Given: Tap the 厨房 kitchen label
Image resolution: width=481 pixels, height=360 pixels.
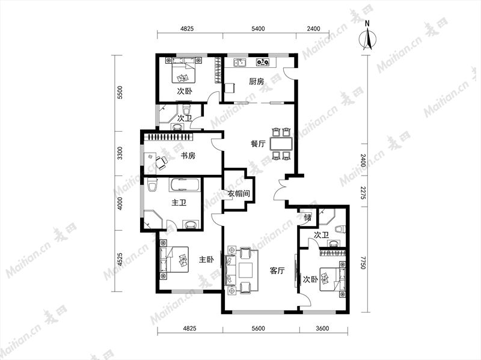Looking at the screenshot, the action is click(x=256, y=82).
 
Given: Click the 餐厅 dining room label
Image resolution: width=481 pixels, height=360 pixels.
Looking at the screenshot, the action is click(x=258, y=144).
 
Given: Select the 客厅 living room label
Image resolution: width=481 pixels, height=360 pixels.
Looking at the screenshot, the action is click(x=277, y=271).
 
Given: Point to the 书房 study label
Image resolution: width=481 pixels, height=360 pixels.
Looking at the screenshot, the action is click(x=188, y=156).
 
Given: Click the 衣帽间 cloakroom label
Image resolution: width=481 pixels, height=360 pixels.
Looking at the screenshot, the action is click(x=239, y=194).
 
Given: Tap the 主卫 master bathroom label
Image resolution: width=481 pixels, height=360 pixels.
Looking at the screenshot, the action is click(x=179, y=203).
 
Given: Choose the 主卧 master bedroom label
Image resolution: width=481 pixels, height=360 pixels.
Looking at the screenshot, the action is click(x=206, y=260).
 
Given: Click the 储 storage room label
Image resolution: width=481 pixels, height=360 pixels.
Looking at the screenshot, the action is click(x=308, y=218).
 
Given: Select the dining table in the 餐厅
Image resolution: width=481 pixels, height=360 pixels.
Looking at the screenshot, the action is click(x=281, y=144).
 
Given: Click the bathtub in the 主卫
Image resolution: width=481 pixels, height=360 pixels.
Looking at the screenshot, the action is click(x=185, y=185).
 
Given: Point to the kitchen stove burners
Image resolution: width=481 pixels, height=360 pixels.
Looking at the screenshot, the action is click(x=263, y=63).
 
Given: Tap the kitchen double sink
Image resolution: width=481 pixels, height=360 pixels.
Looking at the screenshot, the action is click(x=240, y=63).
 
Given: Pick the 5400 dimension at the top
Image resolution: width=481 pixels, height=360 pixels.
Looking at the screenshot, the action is click(x=258, y=29).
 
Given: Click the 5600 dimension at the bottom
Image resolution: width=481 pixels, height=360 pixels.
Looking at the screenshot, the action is click(x=258, y=328).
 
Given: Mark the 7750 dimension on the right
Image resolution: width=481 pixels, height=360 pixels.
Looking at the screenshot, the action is click(x=363, y=263).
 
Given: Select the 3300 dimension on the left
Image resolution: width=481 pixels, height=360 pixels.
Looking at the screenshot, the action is click(x=120, y=153).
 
